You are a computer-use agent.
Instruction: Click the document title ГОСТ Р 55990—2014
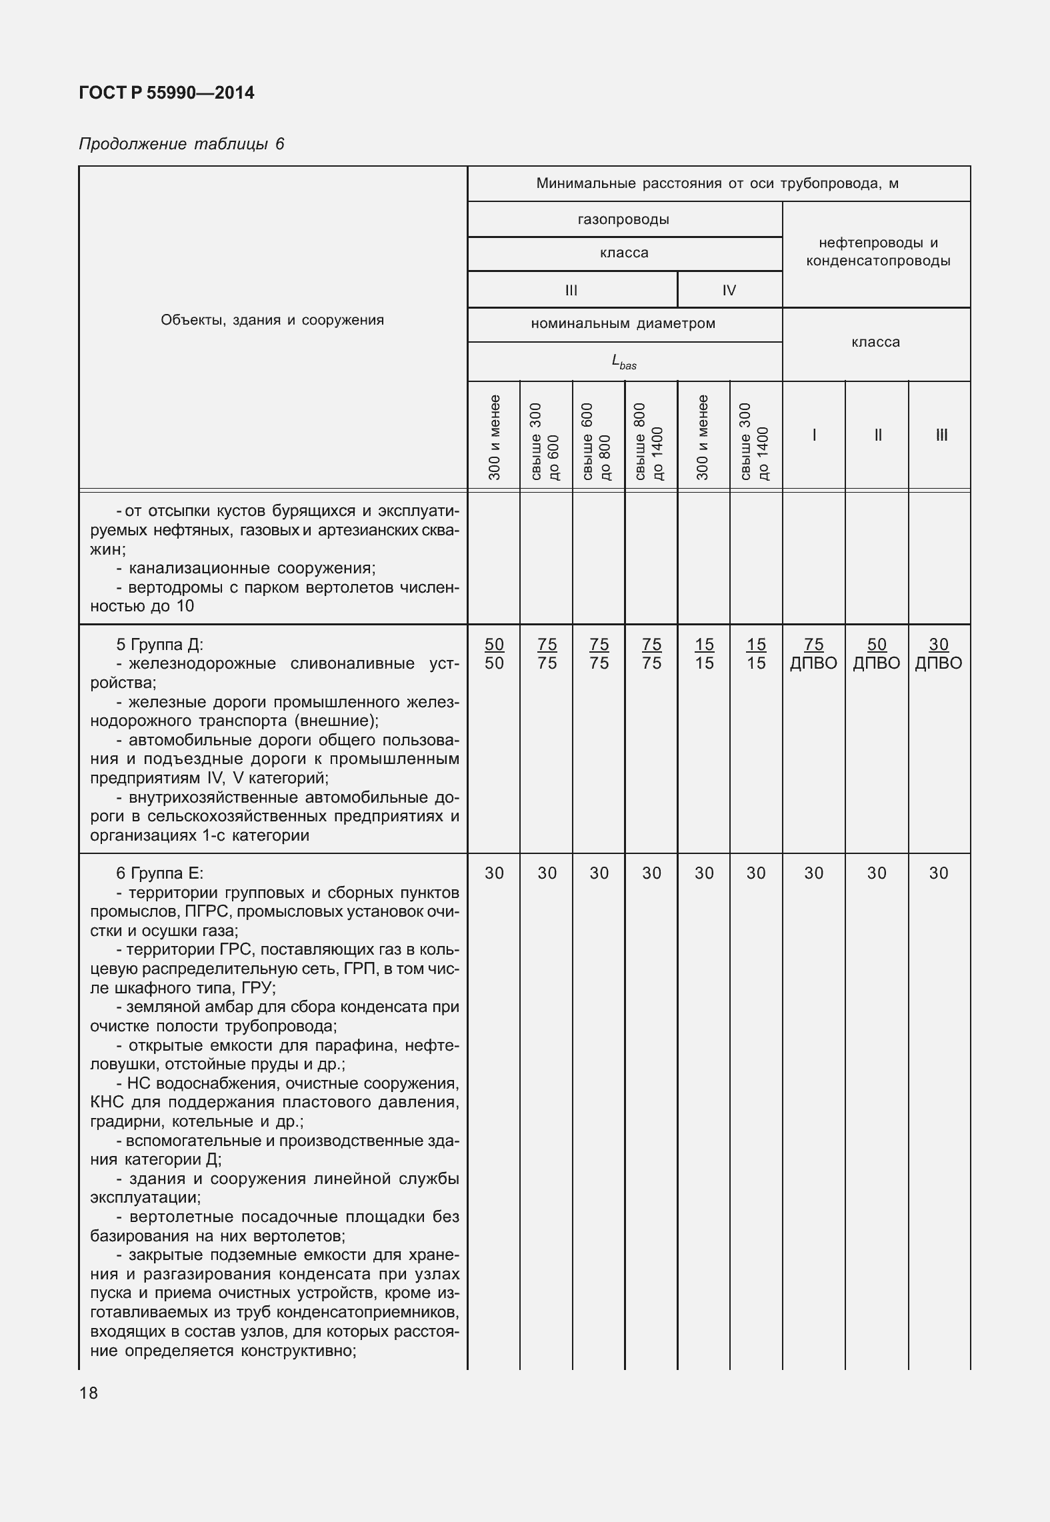(166, 93)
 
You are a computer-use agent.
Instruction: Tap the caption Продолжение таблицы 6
(181, 144)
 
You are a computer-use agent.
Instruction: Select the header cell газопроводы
(624, 219)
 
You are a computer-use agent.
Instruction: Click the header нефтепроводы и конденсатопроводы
(877, 252)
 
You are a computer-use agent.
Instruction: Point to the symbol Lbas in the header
(624, 362)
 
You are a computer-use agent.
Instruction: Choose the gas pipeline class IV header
(729, 290)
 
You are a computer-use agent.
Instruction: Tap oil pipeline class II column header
(877, 435)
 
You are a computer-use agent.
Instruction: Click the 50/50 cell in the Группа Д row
(494, 653)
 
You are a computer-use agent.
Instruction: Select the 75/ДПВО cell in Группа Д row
(813, 653)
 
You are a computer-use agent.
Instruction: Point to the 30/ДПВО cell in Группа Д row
(939, 653)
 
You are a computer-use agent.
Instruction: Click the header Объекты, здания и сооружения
(272, 320)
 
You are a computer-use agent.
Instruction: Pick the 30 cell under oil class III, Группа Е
(939, 873)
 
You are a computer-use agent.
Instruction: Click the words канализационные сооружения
(252, 568)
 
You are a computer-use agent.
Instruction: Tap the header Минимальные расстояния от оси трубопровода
(717, 183)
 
